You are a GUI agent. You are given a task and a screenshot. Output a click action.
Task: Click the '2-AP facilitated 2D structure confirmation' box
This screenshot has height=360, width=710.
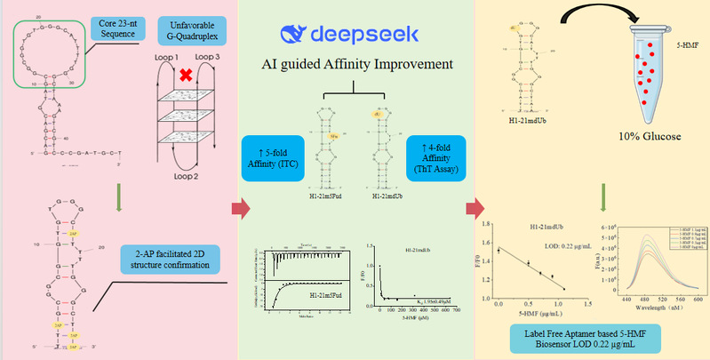click(176, 260)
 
